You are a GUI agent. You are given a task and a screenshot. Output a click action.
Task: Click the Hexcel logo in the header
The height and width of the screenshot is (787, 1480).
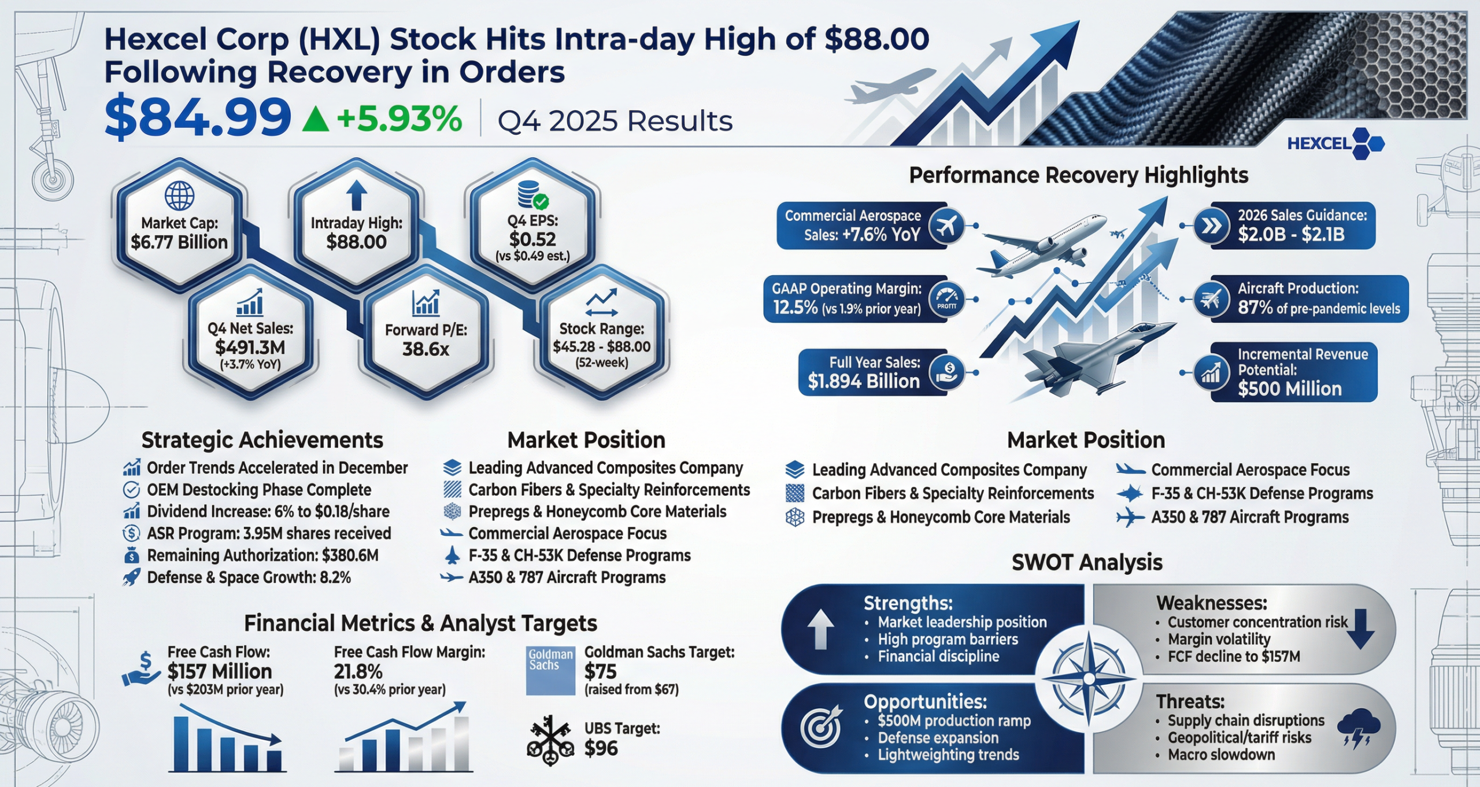[1335, 143]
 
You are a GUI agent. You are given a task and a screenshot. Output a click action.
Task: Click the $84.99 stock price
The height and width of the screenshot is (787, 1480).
[198, 118]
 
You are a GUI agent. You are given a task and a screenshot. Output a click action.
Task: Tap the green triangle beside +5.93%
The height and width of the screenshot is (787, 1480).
[316, 120]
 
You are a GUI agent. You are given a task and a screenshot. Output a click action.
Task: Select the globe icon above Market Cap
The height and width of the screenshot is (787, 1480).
[179, 196]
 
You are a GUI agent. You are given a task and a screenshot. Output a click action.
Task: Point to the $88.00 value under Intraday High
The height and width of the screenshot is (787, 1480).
[356, 242]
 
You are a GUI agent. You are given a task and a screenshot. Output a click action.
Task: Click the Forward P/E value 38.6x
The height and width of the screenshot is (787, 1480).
[425, 349]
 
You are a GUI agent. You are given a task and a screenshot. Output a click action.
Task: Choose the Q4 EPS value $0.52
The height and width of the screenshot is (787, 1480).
[532, 239]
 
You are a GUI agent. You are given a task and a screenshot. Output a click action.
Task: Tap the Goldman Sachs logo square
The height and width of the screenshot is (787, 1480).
[550, 670]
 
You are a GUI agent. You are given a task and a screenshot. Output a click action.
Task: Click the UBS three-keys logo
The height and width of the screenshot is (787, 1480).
[550, 741]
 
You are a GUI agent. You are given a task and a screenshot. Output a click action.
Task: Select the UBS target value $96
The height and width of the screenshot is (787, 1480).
[601, 748]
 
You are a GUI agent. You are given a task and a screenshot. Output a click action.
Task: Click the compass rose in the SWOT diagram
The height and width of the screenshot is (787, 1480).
[1089, 678]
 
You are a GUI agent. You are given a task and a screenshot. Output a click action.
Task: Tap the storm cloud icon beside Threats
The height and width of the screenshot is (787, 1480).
[1359, 727]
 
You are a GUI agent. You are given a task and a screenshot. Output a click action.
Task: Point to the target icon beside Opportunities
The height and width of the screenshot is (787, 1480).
[822, 726]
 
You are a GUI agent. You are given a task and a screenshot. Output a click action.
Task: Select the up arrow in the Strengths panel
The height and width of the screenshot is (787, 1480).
[820, 630]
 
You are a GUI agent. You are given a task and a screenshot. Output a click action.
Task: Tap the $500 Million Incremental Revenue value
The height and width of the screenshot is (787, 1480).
[1290, 389]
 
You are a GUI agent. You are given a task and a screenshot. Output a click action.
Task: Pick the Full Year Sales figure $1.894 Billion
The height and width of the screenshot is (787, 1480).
[864, 381]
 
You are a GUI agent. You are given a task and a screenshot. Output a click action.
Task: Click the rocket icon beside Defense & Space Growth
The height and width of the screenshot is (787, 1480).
[132, 577]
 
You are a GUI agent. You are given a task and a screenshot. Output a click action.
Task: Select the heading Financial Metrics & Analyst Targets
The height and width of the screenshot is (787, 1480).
[420, 623]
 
